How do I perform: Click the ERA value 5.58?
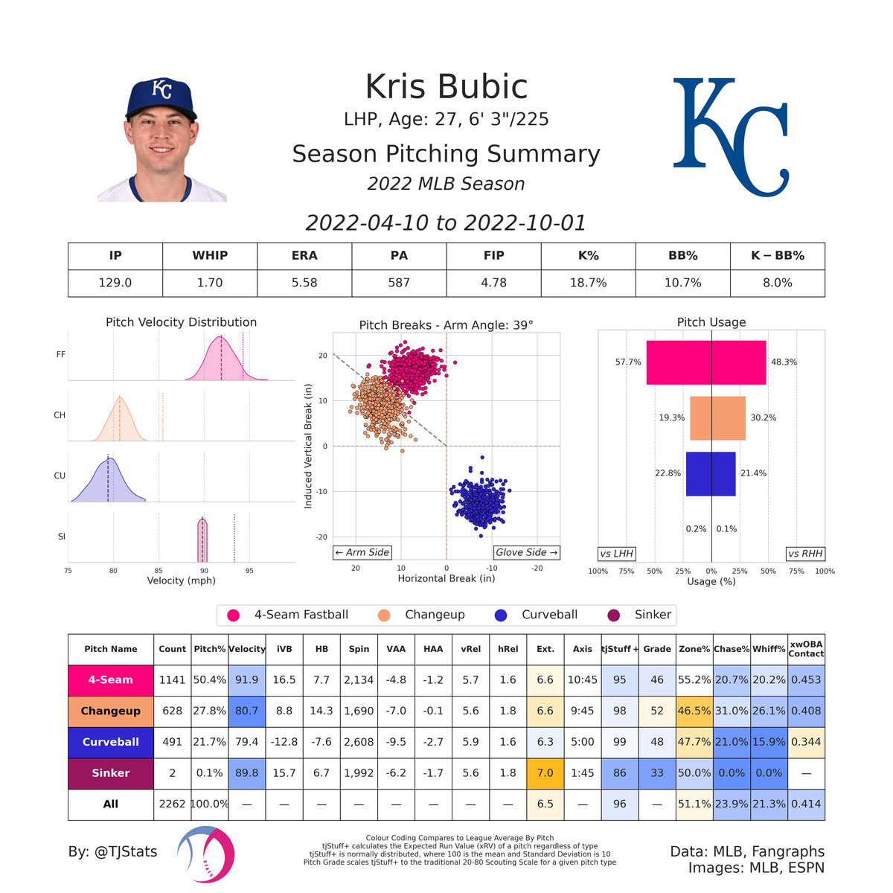(304, 283)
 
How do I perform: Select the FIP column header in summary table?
(493, 255)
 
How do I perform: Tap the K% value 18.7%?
(588, 283)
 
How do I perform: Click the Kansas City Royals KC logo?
(731, 137)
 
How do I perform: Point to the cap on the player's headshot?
(161, 97)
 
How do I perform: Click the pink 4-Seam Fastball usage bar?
(705, 362)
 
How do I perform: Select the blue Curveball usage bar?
(711, 473)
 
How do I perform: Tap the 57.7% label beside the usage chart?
(628, 362)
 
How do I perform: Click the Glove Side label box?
(526, 552)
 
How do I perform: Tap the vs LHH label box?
(617, 554)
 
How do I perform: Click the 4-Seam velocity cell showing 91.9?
(247, 679)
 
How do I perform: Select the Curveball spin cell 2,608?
(359, 742)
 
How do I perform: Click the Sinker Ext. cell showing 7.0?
(545, 773)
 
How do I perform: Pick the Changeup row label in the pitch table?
(111, 711)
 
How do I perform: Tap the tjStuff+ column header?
(619, 649)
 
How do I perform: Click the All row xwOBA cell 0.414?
(806, 804)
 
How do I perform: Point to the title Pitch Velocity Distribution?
(181, 322)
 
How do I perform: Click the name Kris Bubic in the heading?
(446, 87)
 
